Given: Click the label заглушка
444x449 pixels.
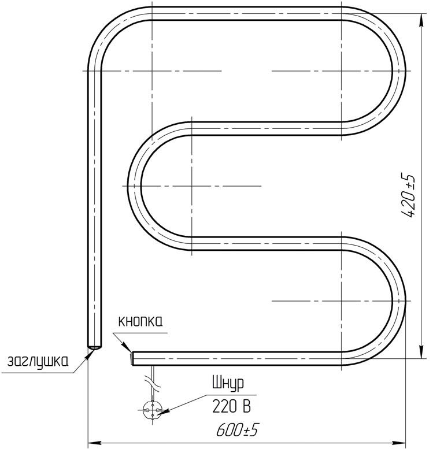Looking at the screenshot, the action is (x=38, y=362).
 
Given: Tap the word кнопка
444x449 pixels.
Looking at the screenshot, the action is (x=140, y=321).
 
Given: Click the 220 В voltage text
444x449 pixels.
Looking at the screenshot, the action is (x=231, y=406).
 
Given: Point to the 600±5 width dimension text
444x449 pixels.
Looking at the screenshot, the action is (x=237, y=429).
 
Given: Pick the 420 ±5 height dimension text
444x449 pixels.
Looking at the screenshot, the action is (x=409, y=195).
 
